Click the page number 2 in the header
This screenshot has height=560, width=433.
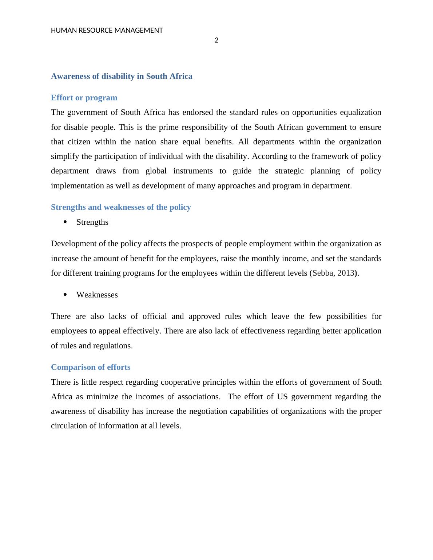(x=216, y=40)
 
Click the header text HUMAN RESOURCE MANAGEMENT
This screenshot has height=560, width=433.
(x=107, y=31)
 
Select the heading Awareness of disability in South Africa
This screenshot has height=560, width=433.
(x=122, y=76)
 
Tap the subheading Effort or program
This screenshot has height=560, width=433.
(x=84, y=98)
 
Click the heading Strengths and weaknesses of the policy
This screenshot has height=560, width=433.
(x=121, y=207)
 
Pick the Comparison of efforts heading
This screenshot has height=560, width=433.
(x=91, y=367)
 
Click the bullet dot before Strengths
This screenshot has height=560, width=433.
(x=65, y=222)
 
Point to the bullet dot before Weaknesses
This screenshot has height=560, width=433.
(x=65, y=295)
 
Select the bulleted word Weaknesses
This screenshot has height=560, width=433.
(x=97, y=295)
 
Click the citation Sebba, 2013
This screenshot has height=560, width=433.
(x=333, y=273)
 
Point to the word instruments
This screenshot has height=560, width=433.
(x=193, y=171)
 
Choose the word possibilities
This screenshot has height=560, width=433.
(x=346, y=316)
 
